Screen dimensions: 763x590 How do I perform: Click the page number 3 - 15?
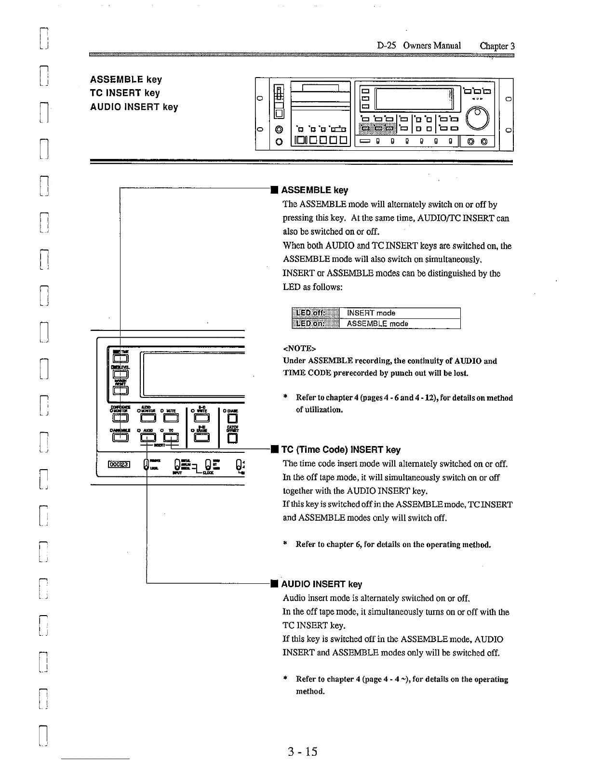coord(302,751)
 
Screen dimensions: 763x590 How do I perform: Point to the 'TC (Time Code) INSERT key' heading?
coord(340,450)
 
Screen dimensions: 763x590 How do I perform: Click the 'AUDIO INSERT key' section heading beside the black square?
coord(321,584)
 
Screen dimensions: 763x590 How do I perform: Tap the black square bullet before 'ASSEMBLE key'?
coord(273,190)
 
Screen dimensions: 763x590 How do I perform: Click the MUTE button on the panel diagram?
coord(171,418)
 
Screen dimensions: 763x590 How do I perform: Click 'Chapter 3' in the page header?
coord(497,46)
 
